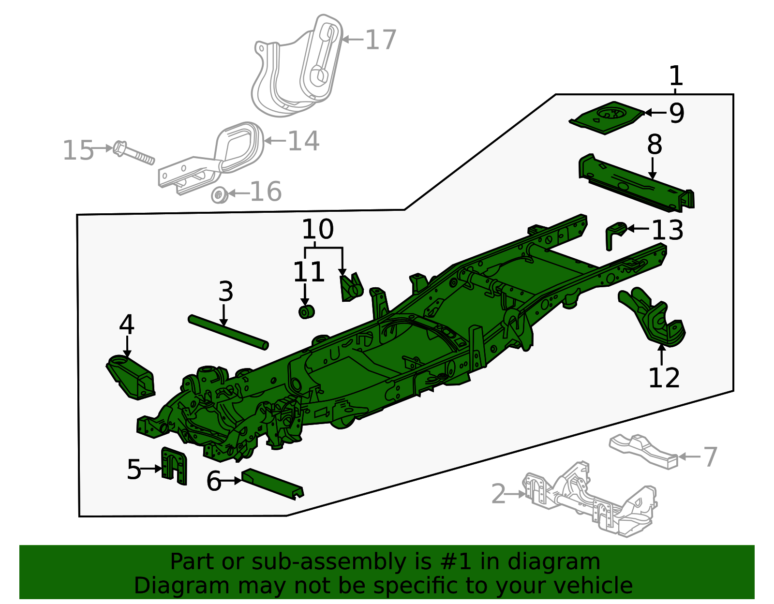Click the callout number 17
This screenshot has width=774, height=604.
tap(381, 40)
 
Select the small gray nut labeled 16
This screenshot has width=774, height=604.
tap(219, 195)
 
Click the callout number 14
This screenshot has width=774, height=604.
tap(303, 141)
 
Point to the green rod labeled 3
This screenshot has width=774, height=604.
tap(227, 332)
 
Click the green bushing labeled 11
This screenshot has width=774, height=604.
tap(306, 312)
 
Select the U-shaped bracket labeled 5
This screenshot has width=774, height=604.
tap(174, 465)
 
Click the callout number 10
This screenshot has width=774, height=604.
tap(318, 229)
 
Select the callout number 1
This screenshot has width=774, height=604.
tap(675, 76)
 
